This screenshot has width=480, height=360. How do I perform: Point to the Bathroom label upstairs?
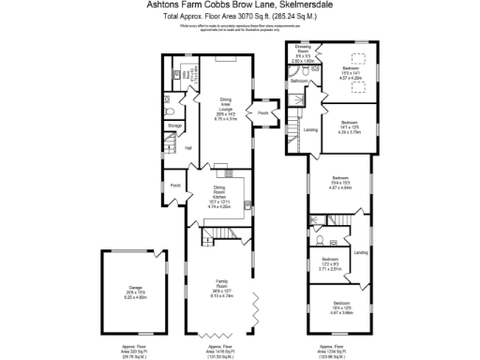point(299,82)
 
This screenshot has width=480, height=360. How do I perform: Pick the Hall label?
point(187,148)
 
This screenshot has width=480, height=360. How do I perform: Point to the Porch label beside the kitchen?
point(175,186)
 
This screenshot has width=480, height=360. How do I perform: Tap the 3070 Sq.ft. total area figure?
point(237,17)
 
